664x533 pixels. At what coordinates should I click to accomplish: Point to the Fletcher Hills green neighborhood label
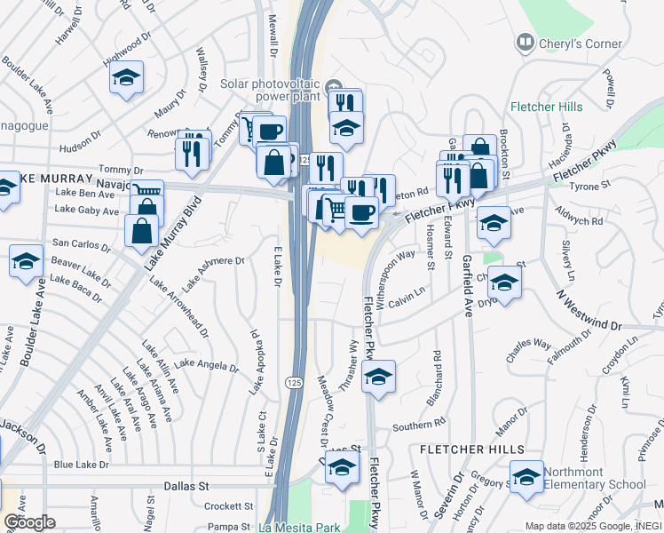click(x=547, y=107)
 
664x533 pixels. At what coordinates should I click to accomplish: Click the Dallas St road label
click(x=186, y=487)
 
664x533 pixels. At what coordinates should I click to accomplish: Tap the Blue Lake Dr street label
click(x=81, y=465)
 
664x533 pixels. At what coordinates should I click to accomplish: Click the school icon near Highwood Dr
click(x=127, y=77)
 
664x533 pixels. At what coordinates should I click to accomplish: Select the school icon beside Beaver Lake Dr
click(x=27, y=261)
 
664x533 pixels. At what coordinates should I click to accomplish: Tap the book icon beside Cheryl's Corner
click(x=526, y=43)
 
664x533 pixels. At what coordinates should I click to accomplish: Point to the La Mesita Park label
click(x=299, y=527)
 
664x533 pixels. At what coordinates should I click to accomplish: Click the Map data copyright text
click(x=592, y=526)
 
